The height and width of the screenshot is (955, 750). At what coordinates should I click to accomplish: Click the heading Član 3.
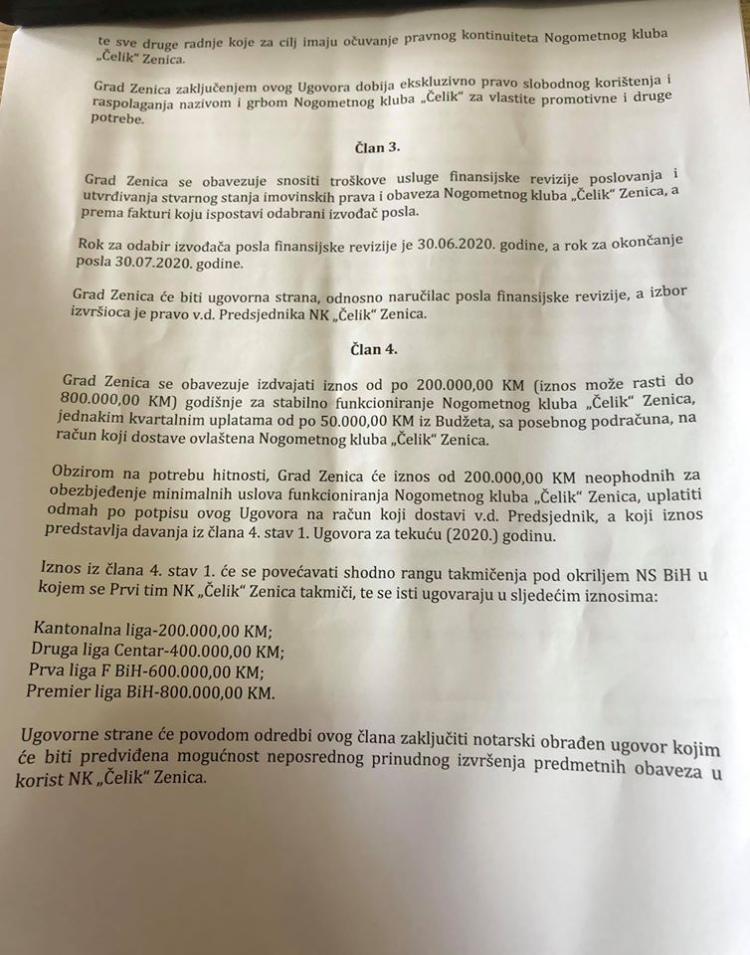point(377,147)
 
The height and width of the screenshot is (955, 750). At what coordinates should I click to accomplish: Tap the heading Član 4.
point(374,349)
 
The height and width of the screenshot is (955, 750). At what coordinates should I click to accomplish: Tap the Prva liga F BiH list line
point(152,670)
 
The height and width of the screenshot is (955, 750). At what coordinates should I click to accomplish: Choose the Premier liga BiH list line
point(149,691)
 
